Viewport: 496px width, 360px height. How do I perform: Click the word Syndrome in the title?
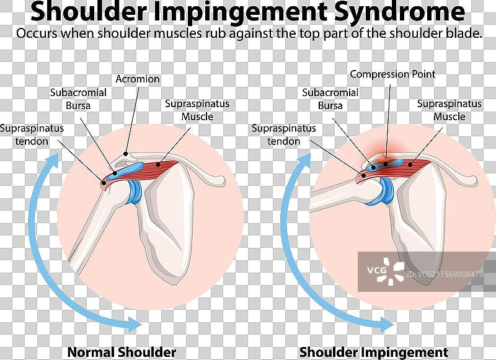click(x=401, y=12)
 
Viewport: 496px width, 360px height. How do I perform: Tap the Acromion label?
click(x=138, y=79)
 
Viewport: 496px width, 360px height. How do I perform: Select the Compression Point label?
click(x=392, y=74)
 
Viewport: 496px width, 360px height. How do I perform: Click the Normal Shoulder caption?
click(x=122, y=352)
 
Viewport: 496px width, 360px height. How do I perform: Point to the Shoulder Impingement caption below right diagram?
click(x=374, y=352)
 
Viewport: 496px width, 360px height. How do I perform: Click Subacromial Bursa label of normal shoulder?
click(x=78, y=99)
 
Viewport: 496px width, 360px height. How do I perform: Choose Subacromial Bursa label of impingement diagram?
click(x=330, y=99)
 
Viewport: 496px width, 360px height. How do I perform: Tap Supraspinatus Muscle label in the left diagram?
click(x=197, y=110)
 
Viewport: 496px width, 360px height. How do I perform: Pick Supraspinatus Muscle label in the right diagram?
click(x=449, y=110)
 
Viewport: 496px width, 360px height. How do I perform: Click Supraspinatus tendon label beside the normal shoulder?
click(x=32, y=135)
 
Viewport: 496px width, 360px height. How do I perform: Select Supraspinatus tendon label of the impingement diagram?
click(x=284, y=135)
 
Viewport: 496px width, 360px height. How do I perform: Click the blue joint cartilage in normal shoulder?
click(x=133, y=191)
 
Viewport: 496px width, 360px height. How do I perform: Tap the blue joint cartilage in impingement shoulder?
click(x=385, y=191)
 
